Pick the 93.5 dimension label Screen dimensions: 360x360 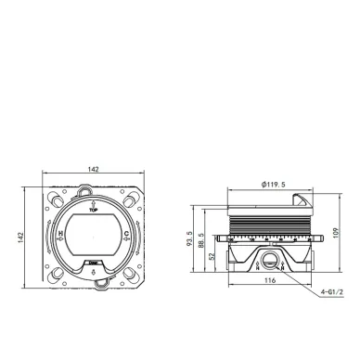click(188, 239)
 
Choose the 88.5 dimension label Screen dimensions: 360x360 click(203, 243)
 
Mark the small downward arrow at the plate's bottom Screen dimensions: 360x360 click(93, 272)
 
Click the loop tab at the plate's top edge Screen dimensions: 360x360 click(93, 190)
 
